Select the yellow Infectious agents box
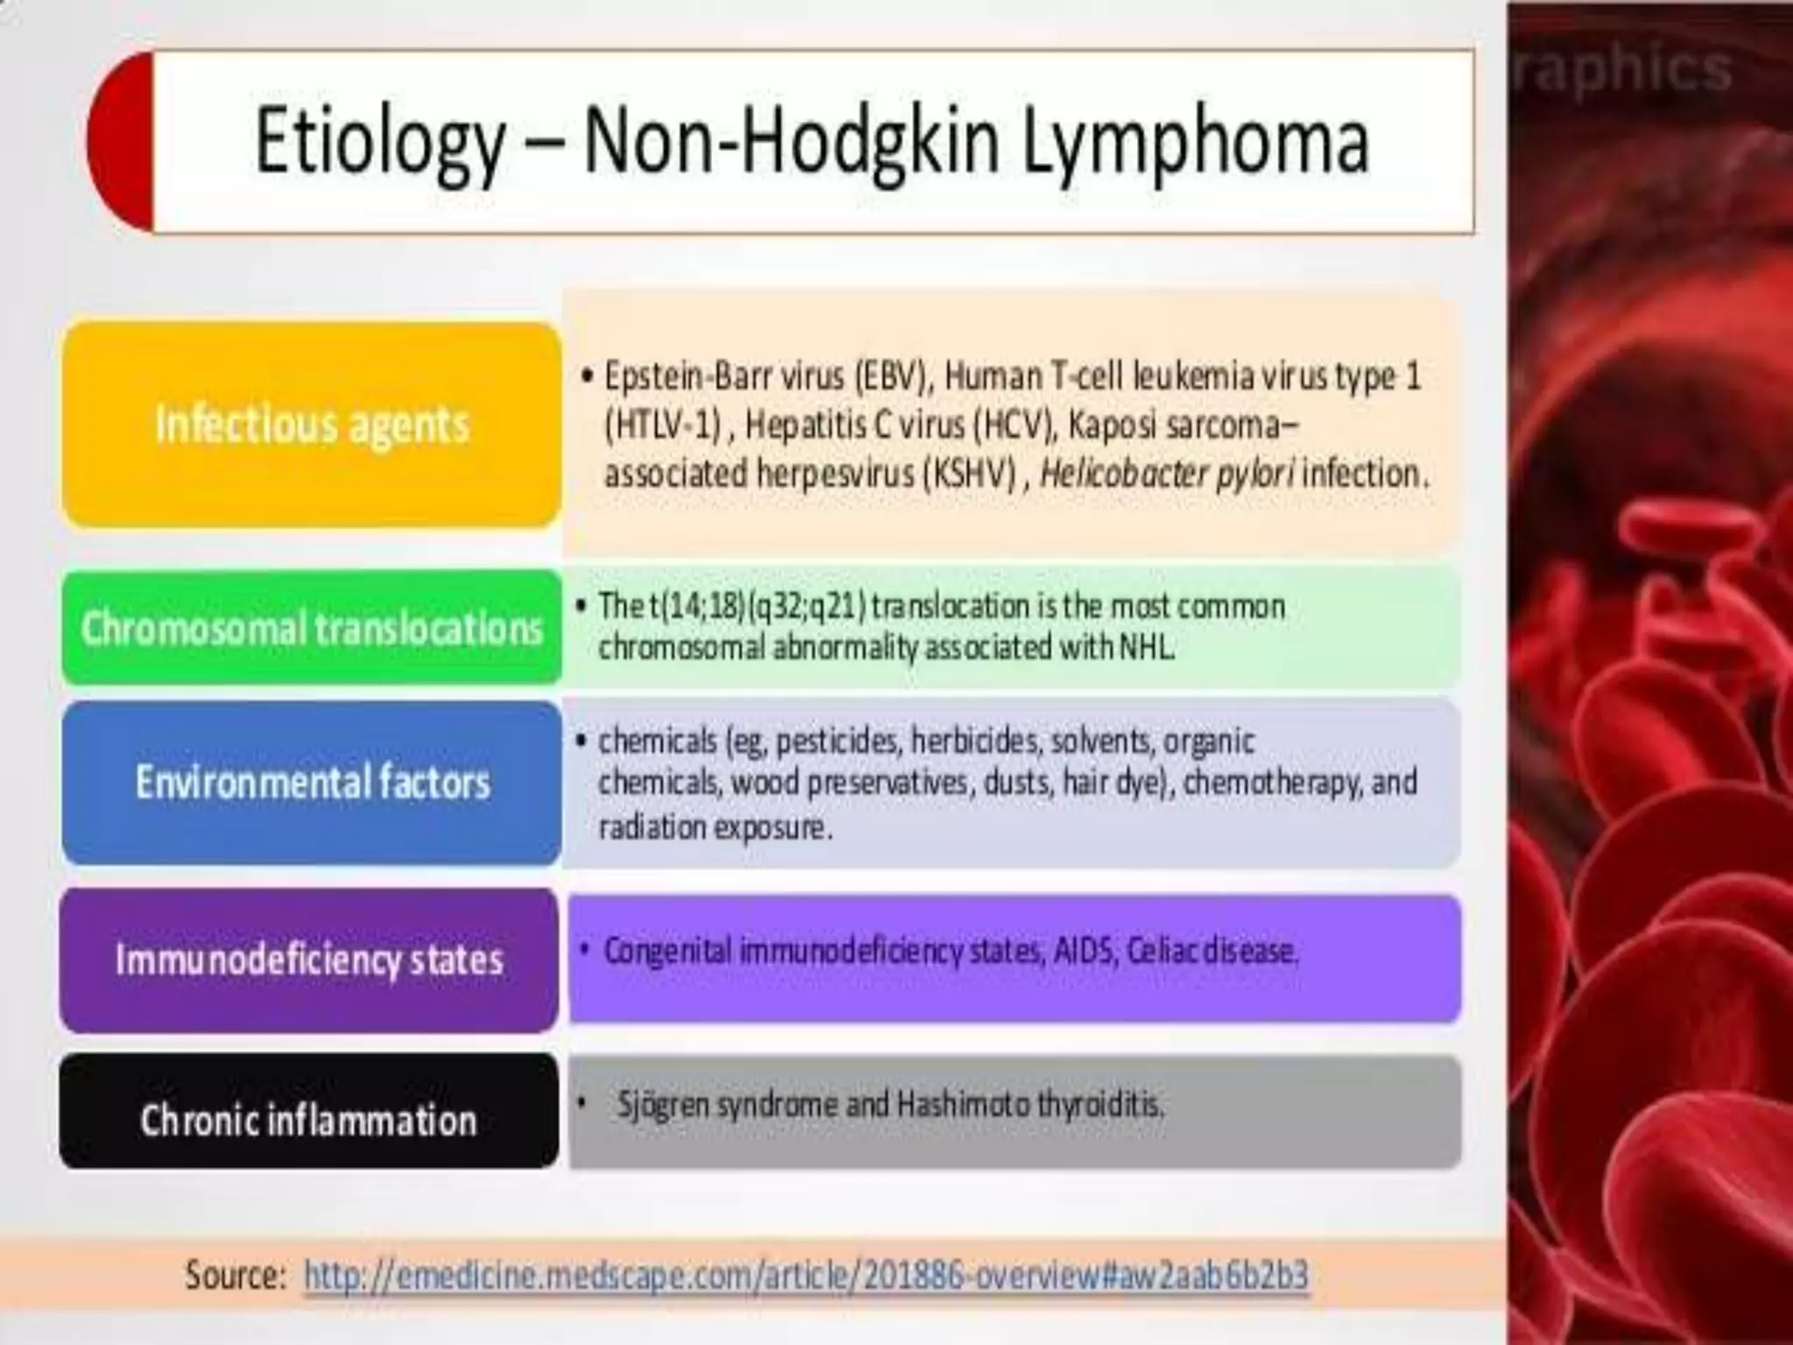coord(312,425)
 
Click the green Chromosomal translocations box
coord(312,628)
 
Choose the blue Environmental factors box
coord(312,782)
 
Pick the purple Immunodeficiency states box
coord(309,960)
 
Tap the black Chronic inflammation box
coord(309,1119)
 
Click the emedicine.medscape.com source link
coord(805,1275)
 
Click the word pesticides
coord(837,742)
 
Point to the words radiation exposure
coord(714,827)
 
